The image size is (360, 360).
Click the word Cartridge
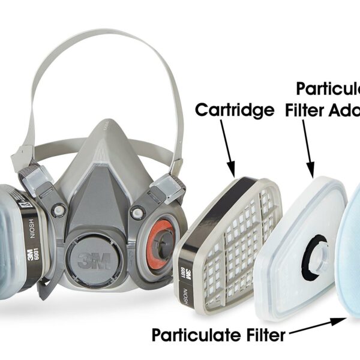pos(235,110)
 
